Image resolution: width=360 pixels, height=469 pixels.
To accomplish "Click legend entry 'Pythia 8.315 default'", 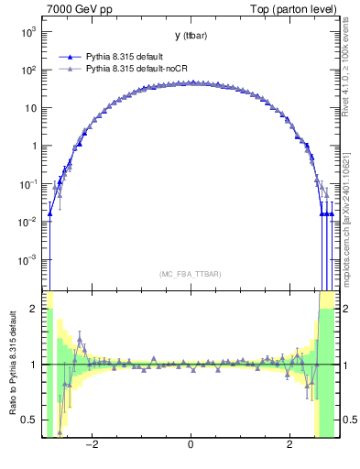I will click(x=128, y=55).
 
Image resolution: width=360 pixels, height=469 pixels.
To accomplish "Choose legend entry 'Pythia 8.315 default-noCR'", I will click(x=138, y=68).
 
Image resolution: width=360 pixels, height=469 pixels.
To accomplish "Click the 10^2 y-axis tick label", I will click(x=28, y=70).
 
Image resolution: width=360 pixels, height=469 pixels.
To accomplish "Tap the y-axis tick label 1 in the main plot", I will click(x=34, y=146).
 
